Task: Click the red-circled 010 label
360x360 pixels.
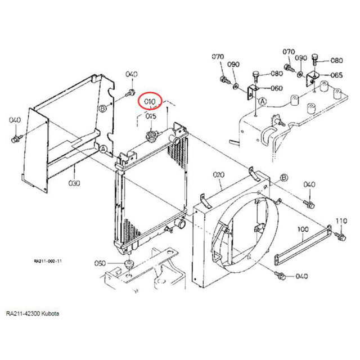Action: (150, 102)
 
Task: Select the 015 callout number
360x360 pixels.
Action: (151, 116)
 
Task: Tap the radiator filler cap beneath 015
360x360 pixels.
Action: (151, 135)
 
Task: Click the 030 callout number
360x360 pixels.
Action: (74, 183)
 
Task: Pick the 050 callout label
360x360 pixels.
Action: (100, 263)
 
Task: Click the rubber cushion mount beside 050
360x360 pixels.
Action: (129, 265)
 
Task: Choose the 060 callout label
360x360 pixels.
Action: (277, 88)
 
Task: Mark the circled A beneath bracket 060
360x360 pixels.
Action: (262, 102)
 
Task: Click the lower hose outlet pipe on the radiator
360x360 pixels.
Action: (181, 224)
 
